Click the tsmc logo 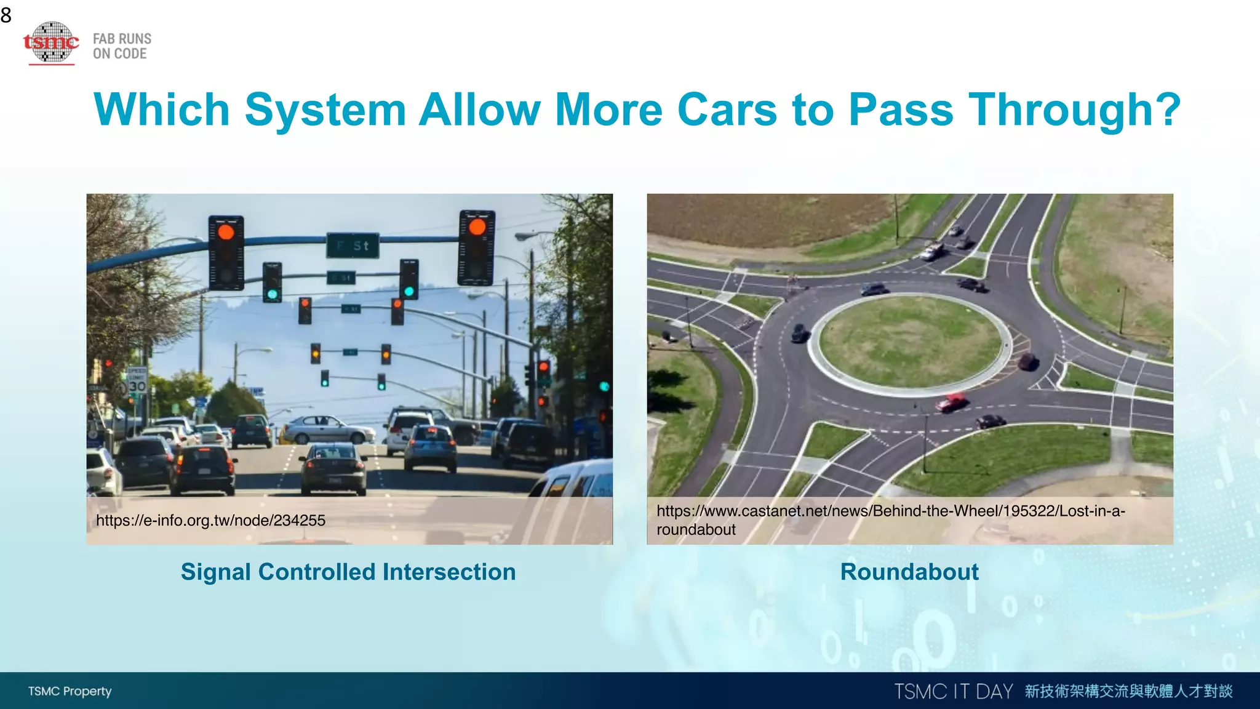52,42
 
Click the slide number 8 6,15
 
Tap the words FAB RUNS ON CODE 122,46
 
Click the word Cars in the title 727,110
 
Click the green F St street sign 353,246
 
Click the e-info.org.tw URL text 210,521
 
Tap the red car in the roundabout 951,402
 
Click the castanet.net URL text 890,520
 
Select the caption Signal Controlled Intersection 348,572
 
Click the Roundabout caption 909,572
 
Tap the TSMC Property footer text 70,691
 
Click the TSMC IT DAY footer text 953,691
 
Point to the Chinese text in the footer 1128,691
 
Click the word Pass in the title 901,110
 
